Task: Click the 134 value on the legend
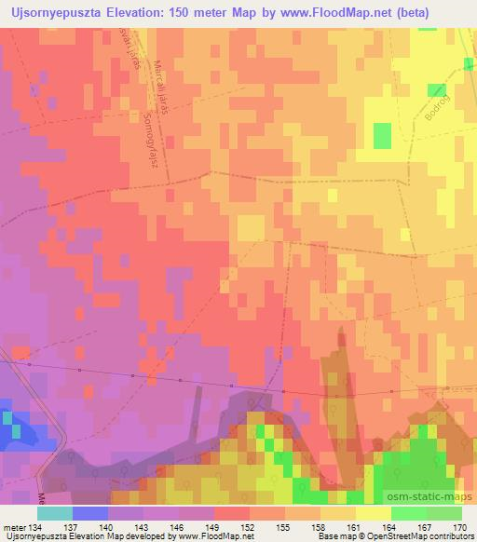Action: click(36, 526)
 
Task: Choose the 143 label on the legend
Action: click(144, 526)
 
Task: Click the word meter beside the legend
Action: click(14, 526)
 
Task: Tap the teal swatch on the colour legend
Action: click(55, 513)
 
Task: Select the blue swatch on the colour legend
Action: click(90, 513)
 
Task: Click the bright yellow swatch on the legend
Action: click(374, 513)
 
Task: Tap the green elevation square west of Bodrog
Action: click(383, 136)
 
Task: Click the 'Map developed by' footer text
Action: click(140, 536)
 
